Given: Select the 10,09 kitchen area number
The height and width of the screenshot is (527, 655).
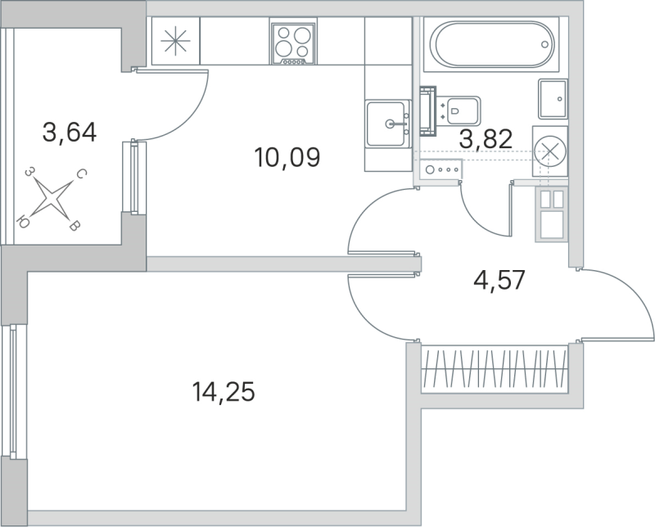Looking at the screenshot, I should pos(286,156).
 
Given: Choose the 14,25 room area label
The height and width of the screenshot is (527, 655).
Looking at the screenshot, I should pos(224,394).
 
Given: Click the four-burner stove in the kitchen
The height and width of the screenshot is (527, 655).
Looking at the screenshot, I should pos(294,43).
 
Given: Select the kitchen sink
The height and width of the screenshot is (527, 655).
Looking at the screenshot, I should pos(387,124).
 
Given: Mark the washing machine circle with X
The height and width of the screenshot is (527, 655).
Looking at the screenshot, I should pos(549,151).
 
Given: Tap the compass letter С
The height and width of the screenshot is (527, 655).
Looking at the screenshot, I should pos(82,173).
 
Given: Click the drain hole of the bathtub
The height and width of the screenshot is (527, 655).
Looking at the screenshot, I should pos(544,46).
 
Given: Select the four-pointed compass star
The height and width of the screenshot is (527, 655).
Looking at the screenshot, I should pos(52,199).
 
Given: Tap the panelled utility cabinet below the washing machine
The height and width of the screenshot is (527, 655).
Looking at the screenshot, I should pos(549,214).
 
